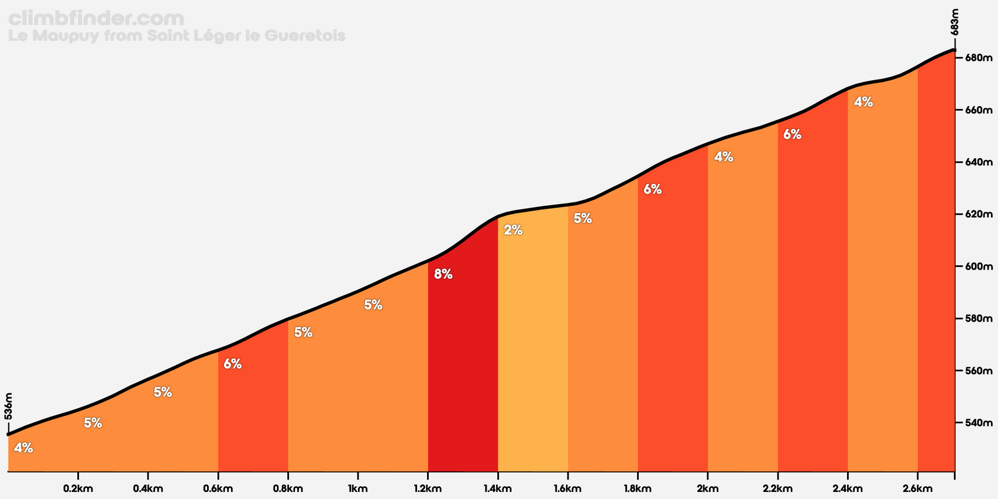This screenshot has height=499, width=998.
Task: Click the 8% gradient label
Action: (x=443, y=274)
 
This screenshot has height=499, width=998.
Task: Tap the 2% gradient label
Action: (x=513, y=230)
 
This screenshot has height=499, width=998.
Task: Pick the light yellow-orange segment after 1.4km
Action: (x=533, y=354)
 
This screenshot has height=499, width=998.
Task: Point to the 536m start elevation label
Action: (x=8, y=406)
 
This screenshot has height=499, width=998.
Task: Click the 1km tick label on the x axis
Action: (x=357, y=489)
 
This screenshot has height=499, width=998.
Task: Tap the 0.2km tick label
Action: (x=78, y=489)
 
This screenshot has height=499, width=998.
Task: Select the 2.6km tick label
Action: (x=917, y=489)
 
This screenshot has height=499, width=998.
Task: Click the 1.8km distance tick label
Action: (x=637, y=489)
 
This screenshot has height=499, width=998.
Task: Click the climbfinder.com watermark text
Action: (x=96, y=18)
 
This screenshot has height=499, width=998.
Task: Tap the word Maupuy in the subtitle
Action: (x=66, y=36)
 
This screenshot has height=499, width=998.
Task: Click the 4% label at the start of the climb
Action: (x=24, y=448)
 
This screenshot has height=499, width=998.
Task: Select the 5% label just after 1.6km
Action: (x=582, y=219)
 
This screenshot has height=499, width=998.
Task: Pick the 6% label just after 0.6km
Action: (x=232, y=365)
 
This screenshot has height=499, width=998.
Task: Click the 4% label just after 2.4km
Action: (x=863, y=102)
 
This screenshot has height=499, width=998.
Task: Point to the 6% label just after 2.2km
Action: (x=792, y=134)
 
